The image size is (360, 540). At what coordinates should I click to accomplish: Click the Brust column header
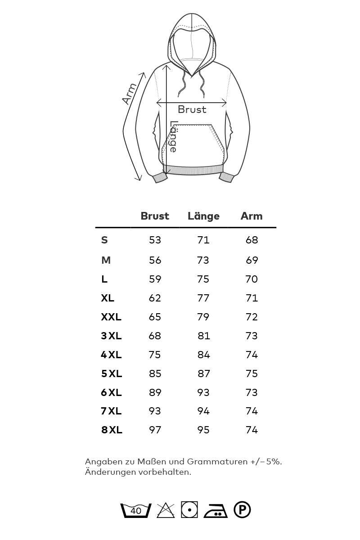click(x=155, y=216)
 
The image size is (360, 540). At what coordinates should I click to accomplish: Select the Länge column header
click(x=203, y=216)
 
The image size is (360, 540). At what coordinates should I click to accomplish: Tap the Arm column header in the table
click(x=252, y=216)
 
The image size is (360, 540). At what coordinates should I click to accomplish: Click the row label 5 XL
click(x=112, y=373)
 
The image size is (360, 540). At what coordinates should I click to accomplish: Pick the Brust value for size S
click(x=155, y=240)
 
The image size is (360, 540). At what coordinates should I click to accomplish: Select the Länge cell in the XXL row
click(x=203, y=317)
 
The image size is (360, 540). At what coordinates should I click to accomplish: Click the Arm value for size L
click(x=252, y=279)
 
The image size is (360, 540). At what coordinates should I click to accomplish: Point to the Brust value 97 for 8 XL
click(x=155, y=430)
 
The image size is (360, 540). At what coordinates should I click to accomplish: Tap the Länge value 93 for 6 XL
click(x=203, y=392)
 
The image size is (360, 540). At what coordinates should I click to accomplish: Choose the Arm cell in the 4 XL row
click(x=252, y=355)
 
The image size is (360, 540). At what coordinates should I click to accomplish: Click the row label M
click(x=106, y=260)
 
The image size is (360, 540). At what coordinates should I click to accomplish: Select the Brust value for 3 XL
click(x=155, y=336)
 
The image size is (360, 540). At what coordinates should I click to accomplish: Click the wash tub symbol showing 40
click(x=136, y=510)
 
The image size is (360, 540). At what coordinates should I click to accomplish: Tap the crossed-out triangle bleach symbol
click(x=166, y=510)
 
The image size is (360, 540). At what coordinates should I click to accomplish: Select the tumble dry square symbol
click(x=189, y=510)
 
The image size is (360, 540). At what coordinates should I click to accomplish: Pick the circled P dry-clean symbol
click(x=242, y=510)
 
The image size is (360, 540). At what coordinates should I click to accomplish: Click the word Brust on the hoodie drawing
click(x=192, y=109)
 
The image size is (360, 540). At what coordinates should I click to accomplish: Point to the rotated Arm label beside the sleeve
click(x=130, y=94)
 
